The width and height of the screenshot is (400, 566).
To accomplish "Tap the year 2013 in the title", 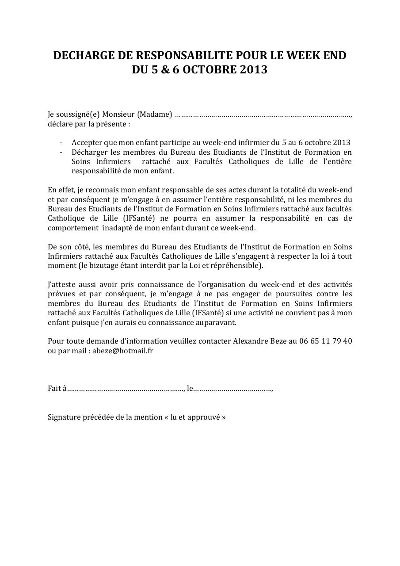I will [254, 70].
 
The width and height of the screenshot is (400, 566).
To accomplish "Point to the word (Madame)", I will [154, 115].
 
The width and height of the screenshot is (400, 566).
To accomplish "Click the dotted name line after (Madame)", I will [263, 115].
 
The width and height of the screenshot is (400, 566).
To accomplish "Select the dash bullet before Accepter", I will [61, 143].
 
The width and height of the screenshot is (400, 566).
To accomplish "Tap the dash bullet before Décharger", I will [61, 152].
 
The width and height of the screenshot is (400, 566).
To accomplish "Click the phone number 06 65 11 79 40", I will [325, 341].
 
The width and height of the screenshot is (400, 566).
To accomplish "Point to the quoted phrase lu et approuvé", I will [195, 417].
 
